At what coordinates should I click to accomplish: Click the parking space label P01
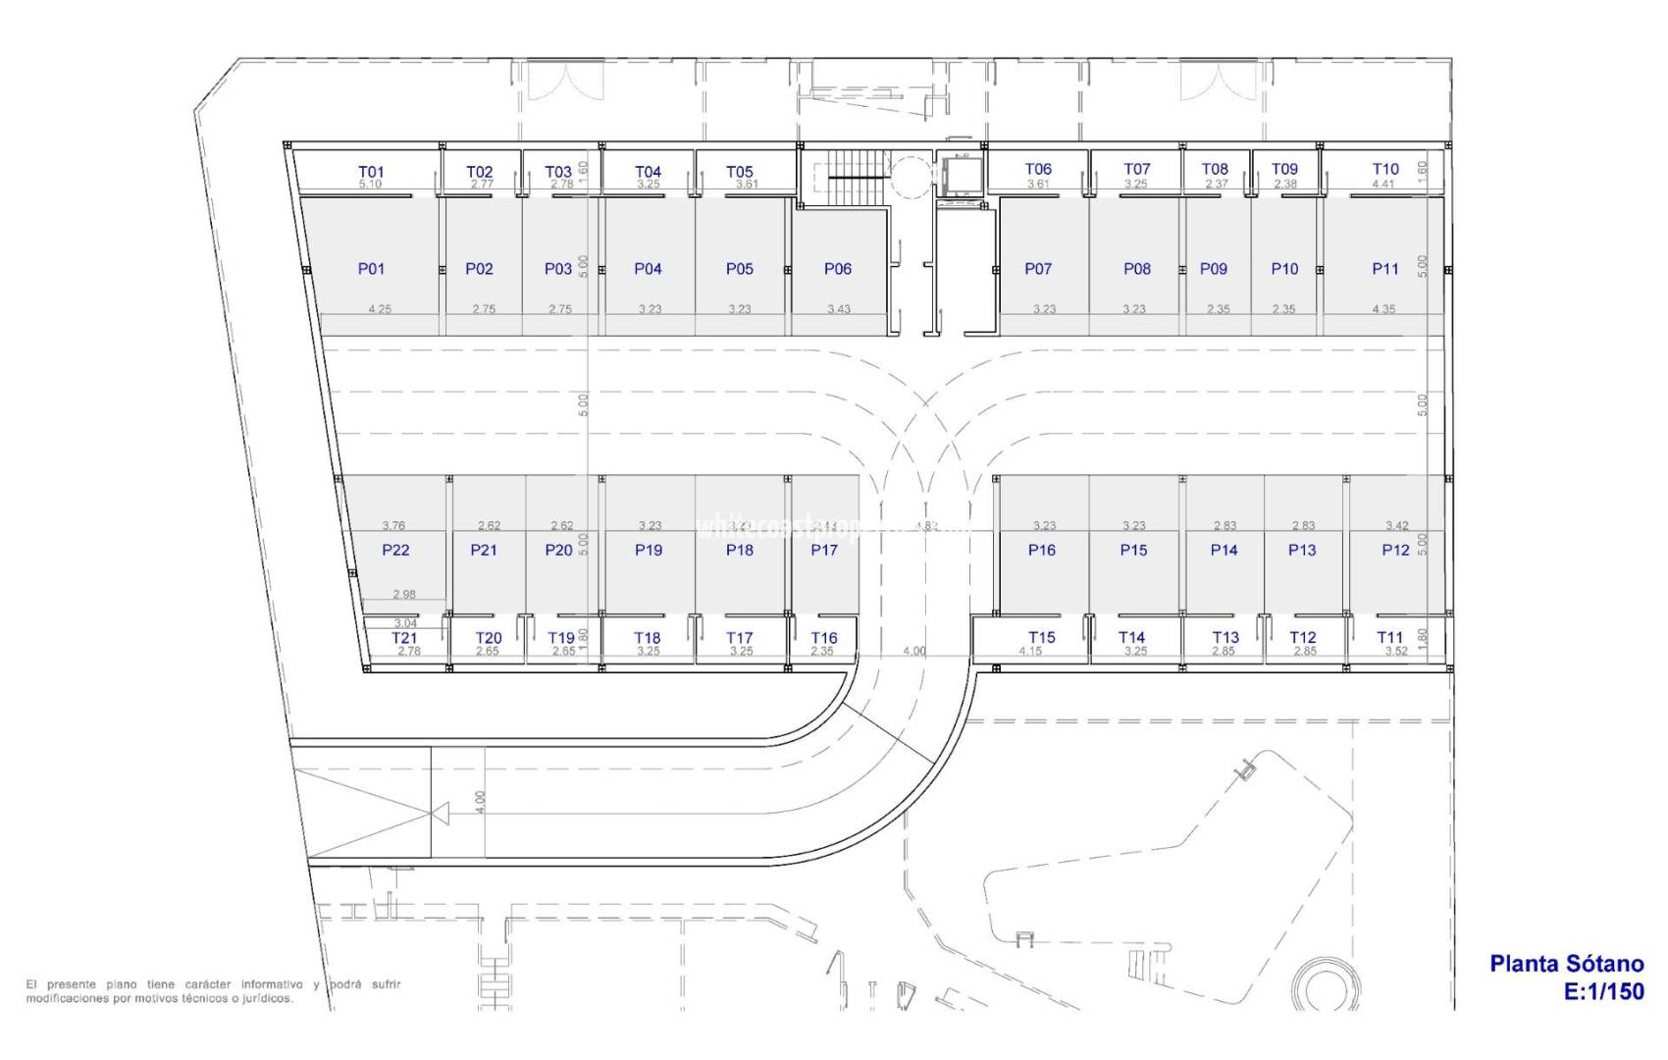(x=371, y=269)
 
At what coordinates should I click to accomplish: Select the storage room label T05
(x=740, y=172)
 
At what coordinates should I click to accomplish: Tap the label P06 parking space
(x=838, y=269)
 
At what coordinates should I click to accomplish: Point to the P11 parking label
(x=1385, y=269)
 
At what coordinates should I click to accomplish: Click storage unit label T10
(x=1385, y=169)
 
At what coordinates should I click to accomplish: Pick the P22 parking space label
(x=395, y=551)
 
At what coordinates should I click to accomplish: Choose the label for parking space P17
(x=824, y=551)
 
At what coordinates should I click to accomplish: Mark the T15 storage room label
(x=1042, y=637)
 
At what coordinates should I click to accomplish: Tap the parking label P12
(x=1395, y=551)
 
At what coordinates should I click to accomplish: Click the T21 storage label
(x=404, y=638)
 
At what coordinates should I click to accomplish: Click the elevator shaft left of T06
(x=957, y=177)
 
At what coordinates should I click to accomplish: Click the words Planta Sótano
(x=1566, y=964)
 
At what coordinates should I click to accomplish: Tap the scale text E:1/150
(x=1603, y=991)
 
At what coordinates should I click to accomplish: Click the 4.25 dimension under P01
(x=380, y=309)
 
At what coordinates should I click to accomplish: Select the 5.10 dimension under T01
(x=370, y=185)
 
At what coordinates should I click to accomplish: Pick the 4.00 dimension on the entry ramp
(x=480, y=802)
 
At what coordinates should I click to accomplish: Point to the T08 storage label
(x=1215, y=169)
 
